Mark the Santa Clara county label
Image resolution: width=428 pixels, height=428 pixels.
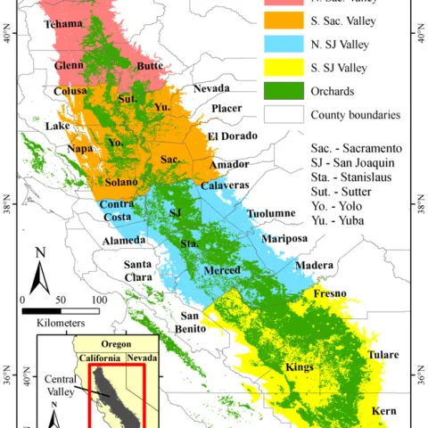point(143,270)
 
